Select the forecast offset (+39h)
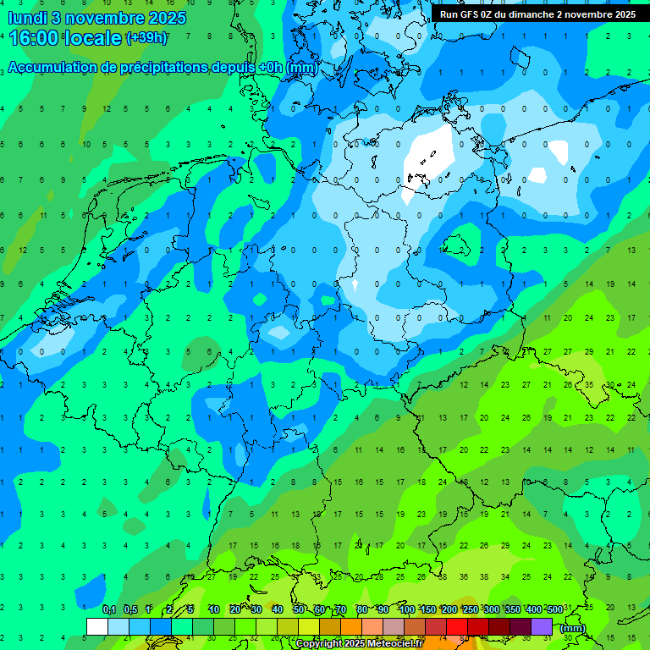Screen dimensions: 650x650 point(146,37)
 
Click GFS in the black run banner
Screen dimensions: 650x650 point(471,14)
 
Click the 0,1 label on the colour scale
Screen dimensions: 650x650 point(108,610)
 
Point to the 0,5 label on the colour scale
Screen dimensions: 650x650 point(130,610)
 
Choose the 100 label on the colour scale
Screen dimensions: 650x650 point(407,610)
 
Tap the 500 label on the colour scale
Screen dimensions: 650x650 point(554,610)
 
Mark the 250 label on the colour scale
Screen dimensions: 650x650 point(471,610)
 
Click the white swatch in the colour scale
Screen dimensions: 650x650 point(97,626)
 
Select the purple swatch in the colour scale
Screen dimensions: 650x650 point(543,626)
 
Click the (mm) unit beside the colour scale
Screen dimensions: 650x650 point(573,628)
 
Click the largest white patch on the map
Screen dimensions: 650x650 point(427,157)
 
